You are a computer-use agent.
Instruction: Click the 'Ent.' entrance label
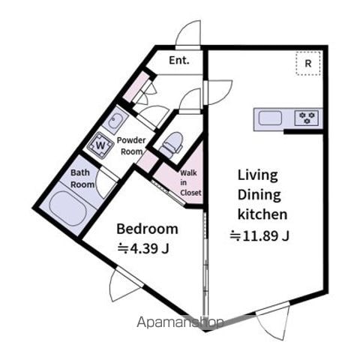pyautogui.click(x=179, y=60)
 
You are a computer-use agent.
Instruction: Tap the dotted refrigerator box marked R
pyautogui.click(x=308, y=64)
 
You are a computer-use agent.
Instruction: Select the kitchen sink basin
pyautogui.click(x=270, y=118)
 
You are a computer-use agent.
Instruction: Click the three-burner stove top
pyautogui.click(x=307, y=118)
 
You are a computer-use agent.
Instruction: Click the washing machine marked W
pyautogui.click(x=100, y=145)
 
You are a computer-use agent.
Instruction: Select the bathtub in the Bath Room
pyautogui.click(x=68, y=208)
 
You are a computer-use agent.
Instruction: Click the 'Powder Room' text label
pyautogui.click(x=131, y=146)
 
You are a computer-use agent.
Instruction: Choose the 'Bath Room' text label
pyautogui.click(x=82, y=178)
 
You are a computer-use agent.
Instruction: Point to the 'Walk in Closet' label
pyautogui.click(x=190, y=183)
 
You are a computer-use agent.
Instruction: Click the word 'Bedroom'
pyautogui.click(x=147, y=229)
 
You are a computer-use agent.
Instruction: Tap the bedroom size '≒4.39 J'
pyautogui.click(x=143, y=248)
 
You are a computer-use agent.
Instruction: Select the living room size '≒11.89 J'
pyautogui.click(x=259, y=235)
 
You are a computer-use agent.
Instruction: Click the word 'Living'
pyautogui.click(x=257, y=175)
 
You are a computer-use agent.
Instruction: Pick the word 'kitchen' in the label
pyautogui.click(x=262, y=214)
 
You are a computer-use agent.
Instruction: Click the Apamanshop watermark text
pyautogui.click(x=180, y=322)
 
